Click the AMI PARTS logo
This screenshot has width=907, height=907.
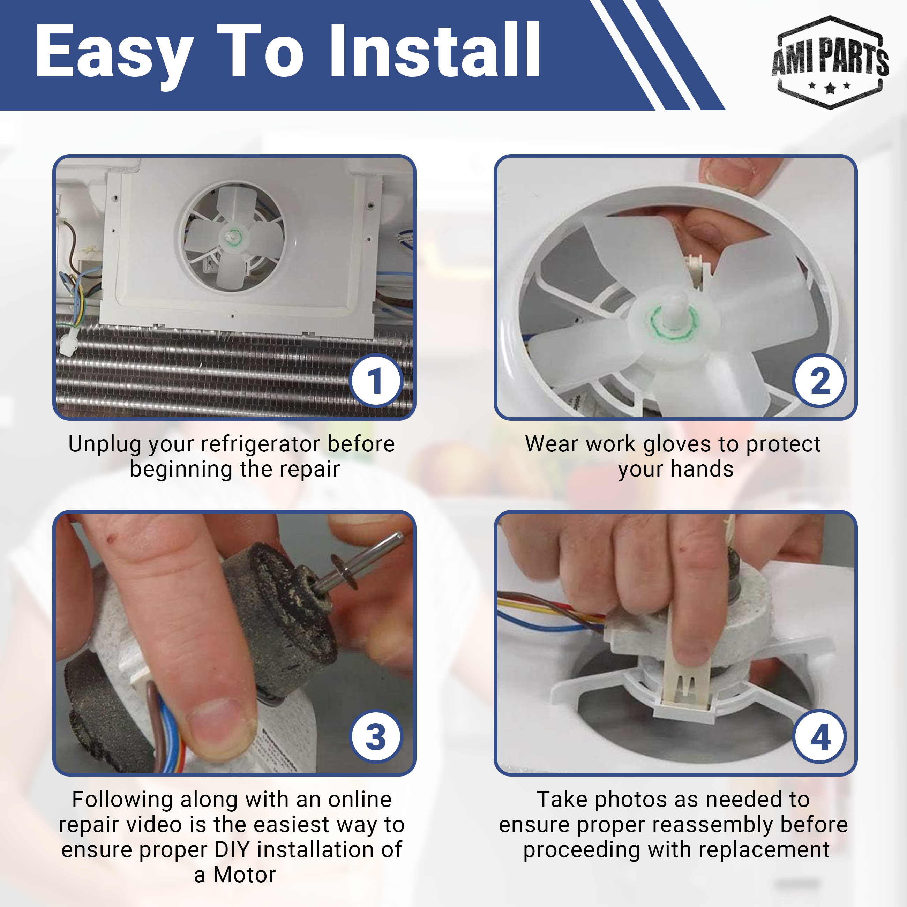[x=830, y=62]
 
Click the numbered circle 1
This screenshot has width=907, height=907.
[x=376, y=380]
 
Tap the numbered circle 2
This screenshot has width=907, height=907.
[x=820, y=380]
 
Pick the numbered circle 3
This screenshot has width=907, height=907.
[x=376, y=736]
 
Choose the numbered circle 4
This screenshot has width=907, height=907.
[x=820, y=736]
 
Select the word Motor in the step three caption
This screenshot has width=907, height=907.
[x=245, y=875]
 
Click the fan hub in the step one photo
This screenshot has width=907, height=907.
[x=233, y=236]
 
